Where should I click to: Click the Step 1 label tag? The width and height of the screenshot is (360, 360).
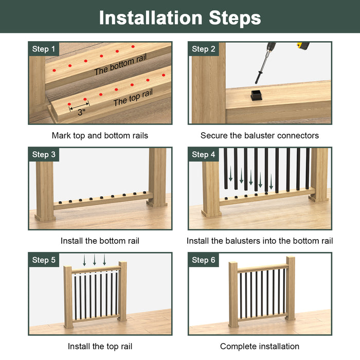click(44, 49)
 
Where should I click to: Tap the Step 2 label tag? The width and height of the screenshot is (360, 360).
click(204, 49)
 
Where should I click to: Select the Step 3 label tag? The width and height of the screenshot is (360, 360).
click(44, 154)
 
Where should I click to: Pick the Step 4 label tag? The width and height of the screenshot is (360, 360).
click(204, 154)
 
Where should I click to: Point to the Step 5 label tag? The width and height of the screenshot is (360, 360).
click(44, 260)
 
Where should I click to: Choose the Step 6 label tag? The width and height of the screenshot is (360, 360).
click(204, 260)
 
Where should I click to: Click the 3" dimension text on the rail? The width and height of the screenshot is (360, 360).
click(81, 112)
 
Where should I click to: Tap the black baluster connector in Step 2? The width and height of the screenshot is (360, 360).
click(256, 95)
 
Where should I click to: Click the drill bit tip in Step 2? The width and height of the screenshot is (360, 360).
click(256, 83)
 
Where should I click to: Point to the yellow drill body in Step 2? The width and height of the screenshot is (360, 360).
click(303, 45)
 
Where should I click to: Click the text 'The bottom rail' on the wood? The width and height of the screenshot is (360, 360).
click(120, 65)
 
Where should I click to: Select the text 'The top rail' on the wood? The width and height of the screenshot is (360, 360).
click(133, 98)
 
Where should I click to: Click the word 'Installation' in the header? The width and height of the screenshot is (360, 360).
click(151, 17)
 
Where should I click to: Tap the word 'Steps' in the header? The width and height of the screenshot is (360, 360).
click(235, 19)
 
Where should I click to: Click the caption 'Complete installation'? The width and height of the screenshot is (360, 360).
click(260, 346)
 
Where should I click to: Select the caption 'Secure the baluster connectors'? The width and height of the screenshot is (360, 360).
click(260, 135)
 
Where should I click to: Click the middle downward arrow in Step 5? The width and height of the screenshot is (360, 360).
click(95, 260)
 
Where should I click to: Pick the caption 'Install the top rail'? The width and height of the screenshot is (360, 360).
click(100, 346)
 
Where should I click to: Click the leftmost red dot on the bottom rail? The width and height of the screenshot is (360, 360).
click(54, 70)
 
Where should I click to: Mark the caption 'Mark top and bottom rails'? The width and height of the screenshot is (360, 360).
click(100, 135)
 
